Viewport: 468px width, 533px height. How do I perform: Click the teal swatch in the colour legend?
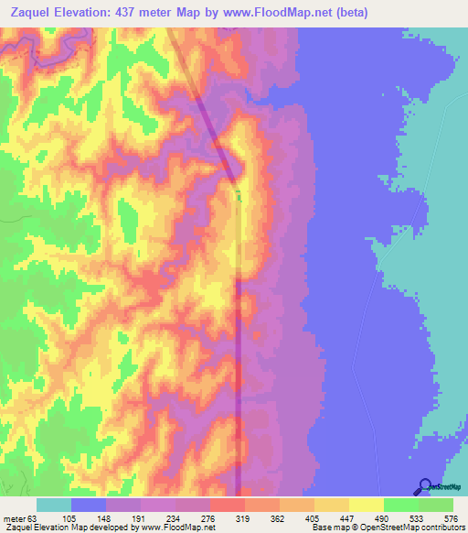[x=54, y=505]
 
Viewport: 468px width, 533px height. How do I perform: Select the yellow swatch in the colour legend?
[x=366, y=505]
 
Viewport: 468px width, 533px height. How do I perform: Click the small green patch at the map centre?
[x=239, y=193]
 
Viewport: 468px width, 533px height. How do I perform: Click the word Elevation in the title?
[x=88, y=12]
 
